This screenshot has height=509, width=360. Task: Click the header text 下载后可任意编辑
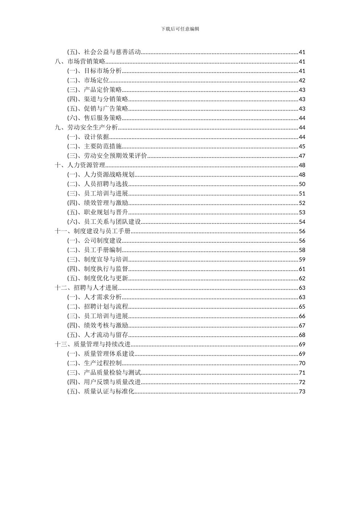pyautogui.click(x=180, y=29)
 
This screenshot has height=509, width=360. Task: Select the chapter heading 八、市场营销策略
pyautogui.click(x=80, y=62)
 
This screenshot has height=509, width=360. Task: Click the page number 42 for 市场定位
pyautogui.click(x=302, y=81)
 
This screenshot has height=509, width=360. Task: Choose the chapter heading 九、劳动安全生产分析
pyautogui.click(x=86, y=128)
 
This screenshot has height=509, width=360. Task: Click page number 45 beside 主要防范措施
pyautogui.click(x=302, y=147)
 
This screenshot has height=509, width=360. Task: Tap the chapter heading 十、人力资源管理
pyautogui.click(x=80, y=165)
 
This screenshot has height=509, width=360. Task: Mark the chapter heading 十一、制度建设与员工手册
pyautogui.click(x=93, y=231)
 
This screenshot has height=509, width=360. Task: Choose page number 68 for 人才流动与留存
pyautogui.click(x=302, y=335)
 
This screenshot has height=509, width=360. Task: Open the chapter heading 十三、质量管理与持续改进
pyautogui.click(x=93, y=344)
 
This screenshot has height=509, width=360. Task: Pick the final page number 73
pyautogui.click(x=302, y=392)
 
